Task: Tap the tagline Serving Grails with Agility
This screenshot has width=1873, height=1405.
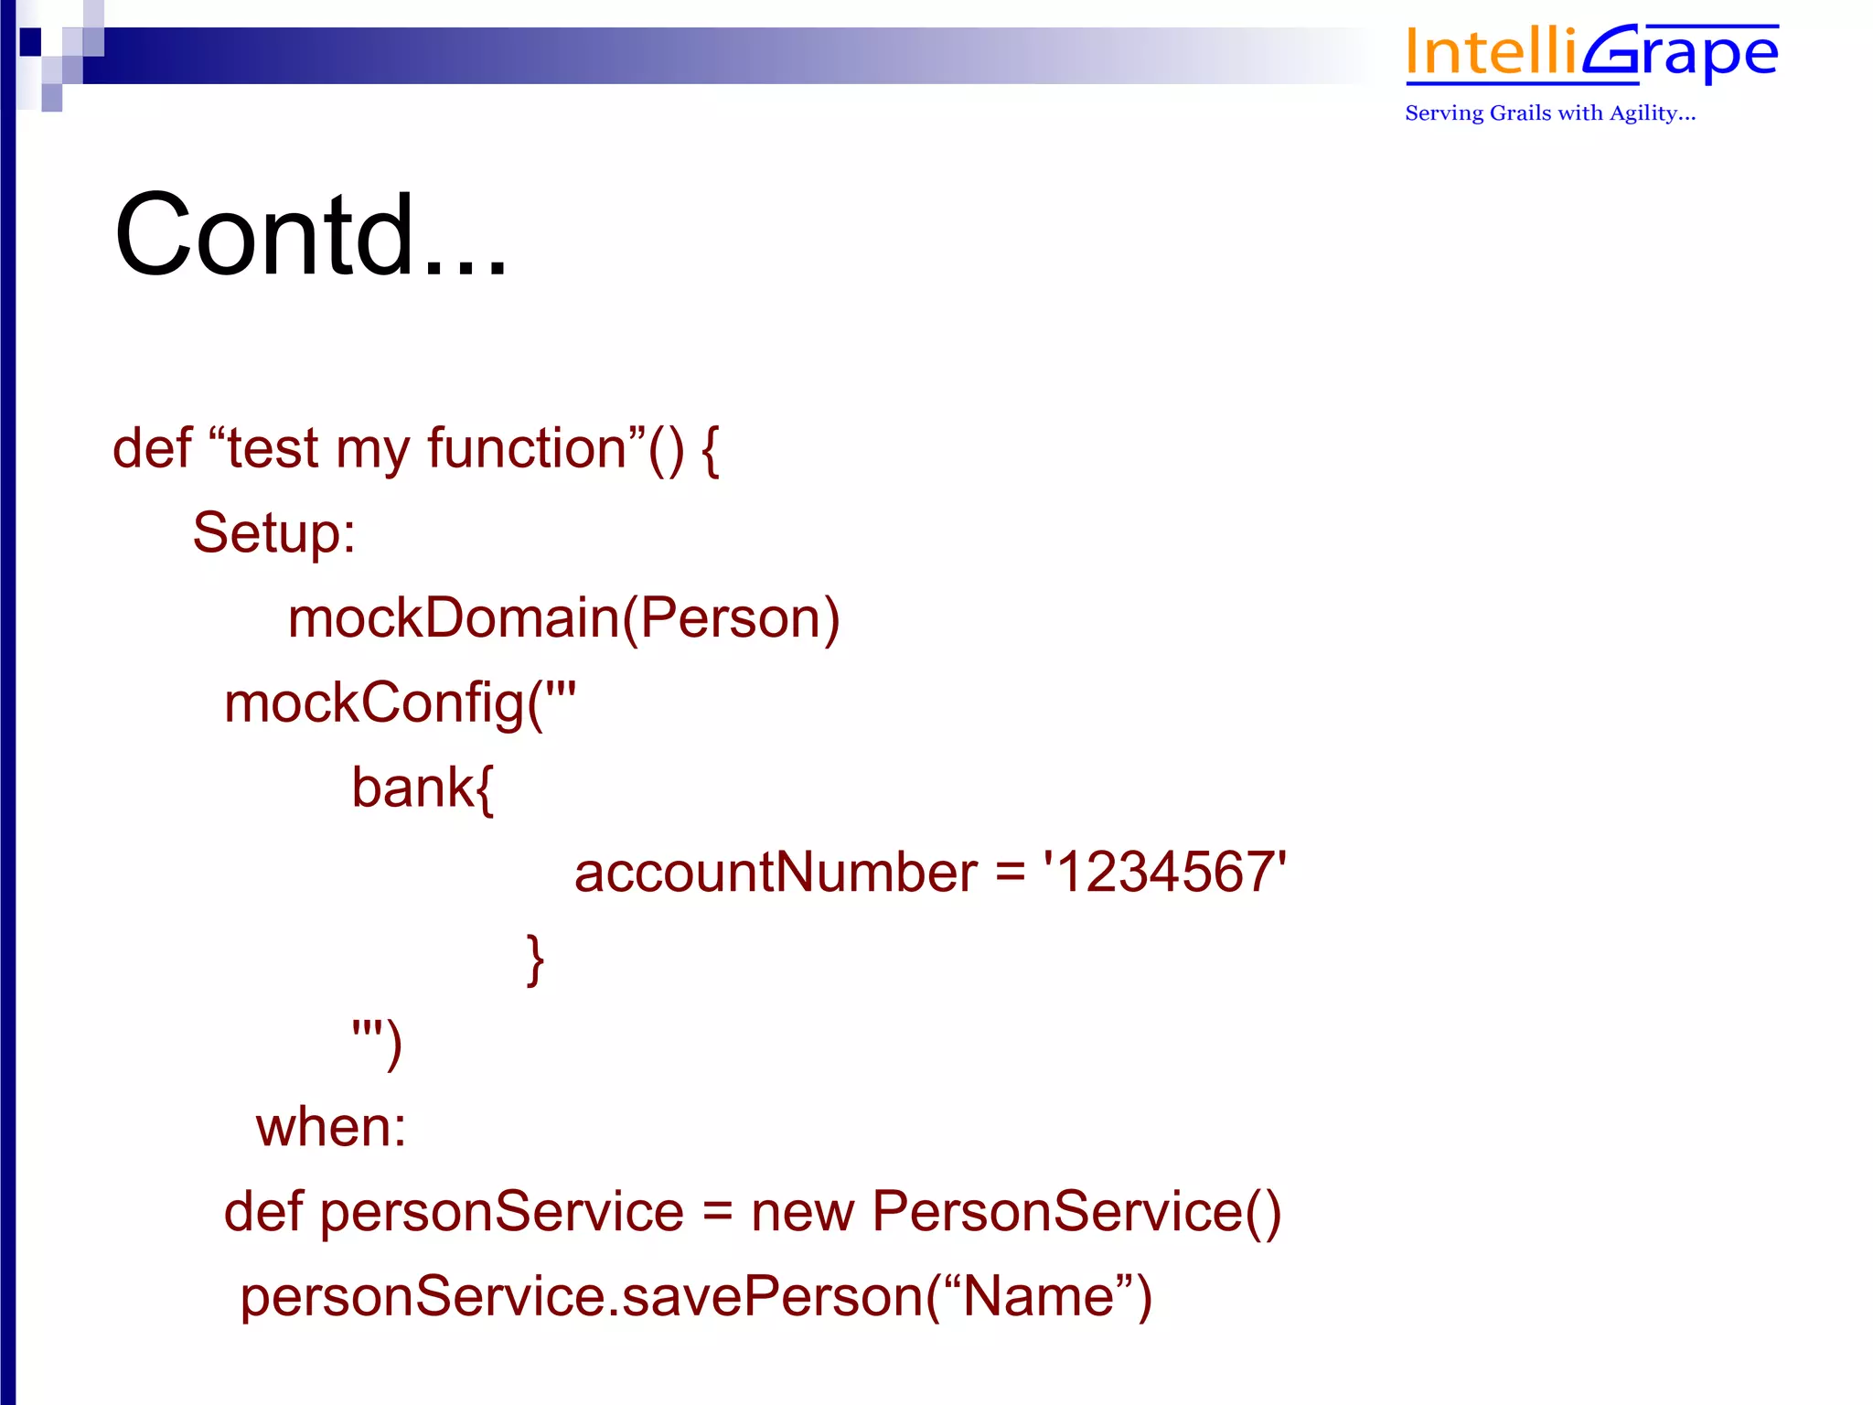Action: tap(1549, 113)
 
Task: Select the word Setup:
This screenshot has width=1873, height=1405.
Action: tap(273, 533)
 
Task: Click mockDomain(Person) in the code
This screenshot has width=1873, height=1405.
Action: tap(563, 618)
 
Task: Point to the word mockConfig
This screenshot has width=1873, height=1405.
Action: tap(374, 703)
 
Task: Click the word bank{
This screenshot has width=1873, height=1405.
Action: tap(423, 788)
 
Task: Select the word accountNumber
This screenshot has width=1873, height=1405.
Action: tap(776, 873)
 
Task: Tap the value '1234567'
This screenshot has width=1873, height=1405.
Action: tap(1165, 873)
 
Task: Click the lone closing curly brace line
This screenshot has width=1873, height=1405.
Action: tap(535, 959)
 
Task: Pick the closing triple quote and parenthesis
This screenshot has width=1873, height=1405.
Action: tap(377, 1042)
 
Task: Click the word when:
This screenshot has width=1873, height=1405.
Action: tap(331, 1127)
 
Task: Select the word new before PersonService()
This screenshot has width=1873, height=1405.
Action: tap(802, 1212)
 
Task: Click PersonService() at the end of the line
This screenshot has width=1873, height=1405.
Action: tap(1076, 1212)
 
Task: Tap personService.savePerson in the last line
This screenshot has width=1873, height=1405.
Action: tap(582, 1297)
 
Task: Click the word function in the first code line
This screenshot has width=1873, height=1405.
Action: tap(526, 449)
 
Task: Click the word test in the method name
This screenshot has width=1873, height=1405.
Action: tap(273, 449)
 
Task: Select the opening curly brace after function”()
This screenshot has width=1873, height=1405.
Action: tap(711, 449)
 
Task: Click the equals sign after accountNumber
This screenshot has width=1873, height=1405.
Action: tap(1010, 873)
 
